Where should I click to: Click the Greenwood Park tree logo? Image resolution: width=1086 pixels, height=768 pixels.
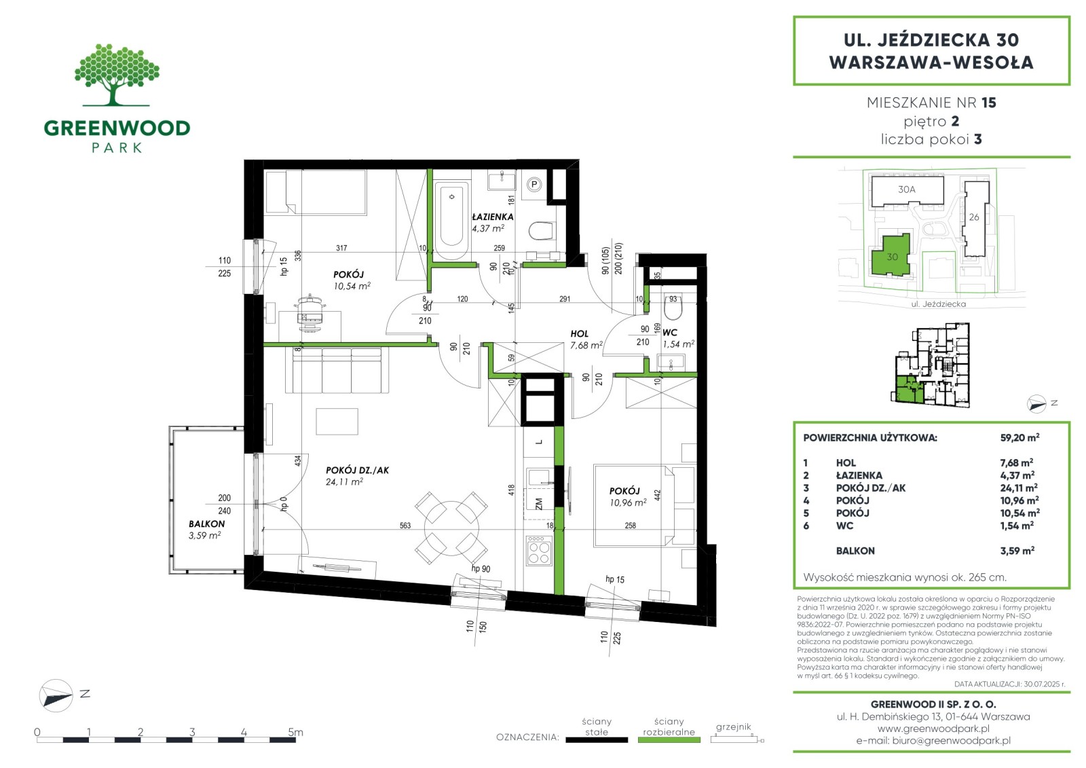[x=117, y=75]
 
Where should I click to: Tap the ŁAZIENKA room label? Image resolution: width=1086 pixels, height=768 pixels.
[x=493, y=217]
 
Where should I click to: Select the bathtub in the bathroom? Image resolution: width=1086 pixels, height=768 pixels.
[x=451, y=220]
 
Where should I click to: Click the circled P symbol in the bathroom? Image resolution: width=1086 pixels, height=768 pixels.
[x=533, y=184]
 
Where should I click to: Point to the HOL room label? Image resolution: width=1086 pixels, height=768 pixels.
[x=580, y=334]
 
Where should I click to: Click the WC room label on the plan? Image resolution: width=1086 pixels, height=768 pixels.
[x=669, y=333]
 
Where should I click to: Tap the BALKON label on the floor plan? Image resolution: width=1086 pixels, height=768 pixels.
[x=206, y=524]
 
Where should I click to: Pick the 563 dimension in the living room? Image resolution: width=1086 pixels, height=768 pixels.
[x=405, y=526]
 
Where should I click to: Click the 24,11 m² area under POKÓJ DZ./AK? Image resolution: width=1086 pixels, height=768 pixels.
[x=344, y=481]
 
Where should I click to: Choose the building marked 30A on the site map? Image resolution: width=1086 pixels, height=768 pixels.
[x=907, y=191]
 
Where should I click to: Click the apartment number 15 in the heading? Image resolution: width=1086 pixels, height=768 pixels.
[x=988, y=103]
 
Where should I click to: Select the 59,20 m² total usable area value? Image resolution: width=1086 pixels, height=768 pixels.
[x=1019, y=437]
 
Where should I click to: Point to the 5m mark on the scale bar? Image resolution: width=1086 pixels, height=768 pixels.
[x=295, y=731]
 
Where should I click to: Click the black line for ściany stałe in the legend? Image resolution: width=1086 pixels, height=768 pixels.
[x=597, y=740]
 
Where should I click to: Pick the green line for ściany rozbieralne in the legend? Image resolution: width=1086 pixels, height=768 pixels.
[x=669, y=740]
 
